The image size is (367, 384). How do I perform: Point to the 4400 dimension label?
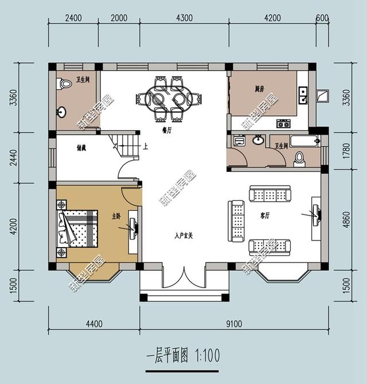pyautogui.click(x=94, y=324)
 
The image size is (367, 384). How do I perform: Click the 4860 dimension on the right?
pyautogui.click(x=345, y=218)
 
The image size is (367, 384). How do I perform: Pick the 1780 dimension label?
pyautogui.click(x=345, y=153)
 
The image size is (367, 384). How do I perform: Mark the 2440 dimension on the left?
pyautogui.click(x=13, y=157)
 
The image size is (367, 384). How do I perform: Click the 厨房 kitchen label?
pyautogui.click(x=260, y=89)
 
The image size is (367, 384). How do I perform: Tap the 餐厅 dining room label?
pyautogui.click(x=167, y=131)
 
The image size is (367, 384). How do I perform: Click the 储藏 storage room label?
pyautogui.click(x=81, y=147)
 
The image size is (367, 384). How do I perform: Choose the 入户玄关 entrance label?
pyautogui.click(x=184, y=235)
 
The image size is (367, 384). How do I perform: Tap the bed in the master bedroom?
pyautogui.click(x=79, y=228)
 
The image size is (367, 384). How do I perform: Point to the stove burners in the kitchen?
pyautogui.click(x=283, y=123)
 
